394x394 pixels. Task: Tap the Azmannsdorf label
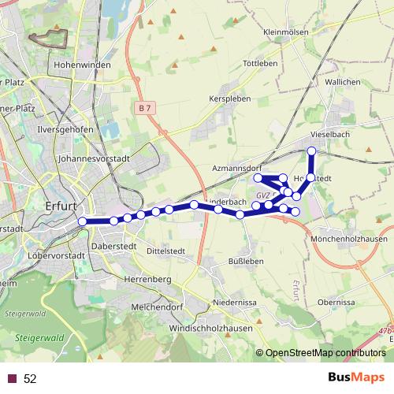point(237,169)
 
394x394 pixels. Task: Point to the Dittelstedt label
point(165,251)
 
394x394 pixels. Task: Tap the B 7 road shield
point(143,107)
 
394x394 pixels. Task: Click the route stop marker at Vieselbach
point(311,151)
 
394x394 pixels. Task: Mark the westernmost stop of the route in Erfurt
point(82,221)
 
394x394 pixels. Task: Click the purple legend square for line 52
point(12,378)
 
